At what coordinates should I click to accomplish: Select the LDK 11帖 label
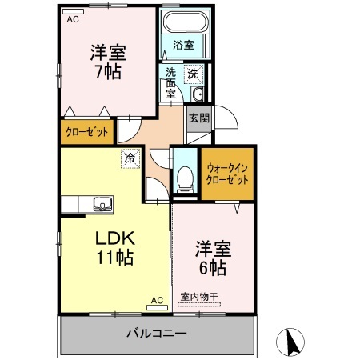[115, 248]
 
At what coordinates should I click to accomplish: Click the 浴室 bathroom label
[183, 46]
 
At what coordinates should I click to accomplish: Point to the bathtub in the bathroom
[185, 23]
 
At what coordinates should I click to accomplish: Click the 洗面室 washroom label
[171, 82]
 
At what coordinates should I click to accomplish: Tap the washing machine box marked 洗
[192, 74]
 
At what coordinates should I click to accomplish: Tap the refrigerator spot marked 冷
[129, 158]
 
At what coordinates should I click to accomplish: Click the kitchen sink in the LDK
[102, 204]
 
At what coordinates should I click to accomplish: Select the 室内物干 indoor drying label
[199, 297]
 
